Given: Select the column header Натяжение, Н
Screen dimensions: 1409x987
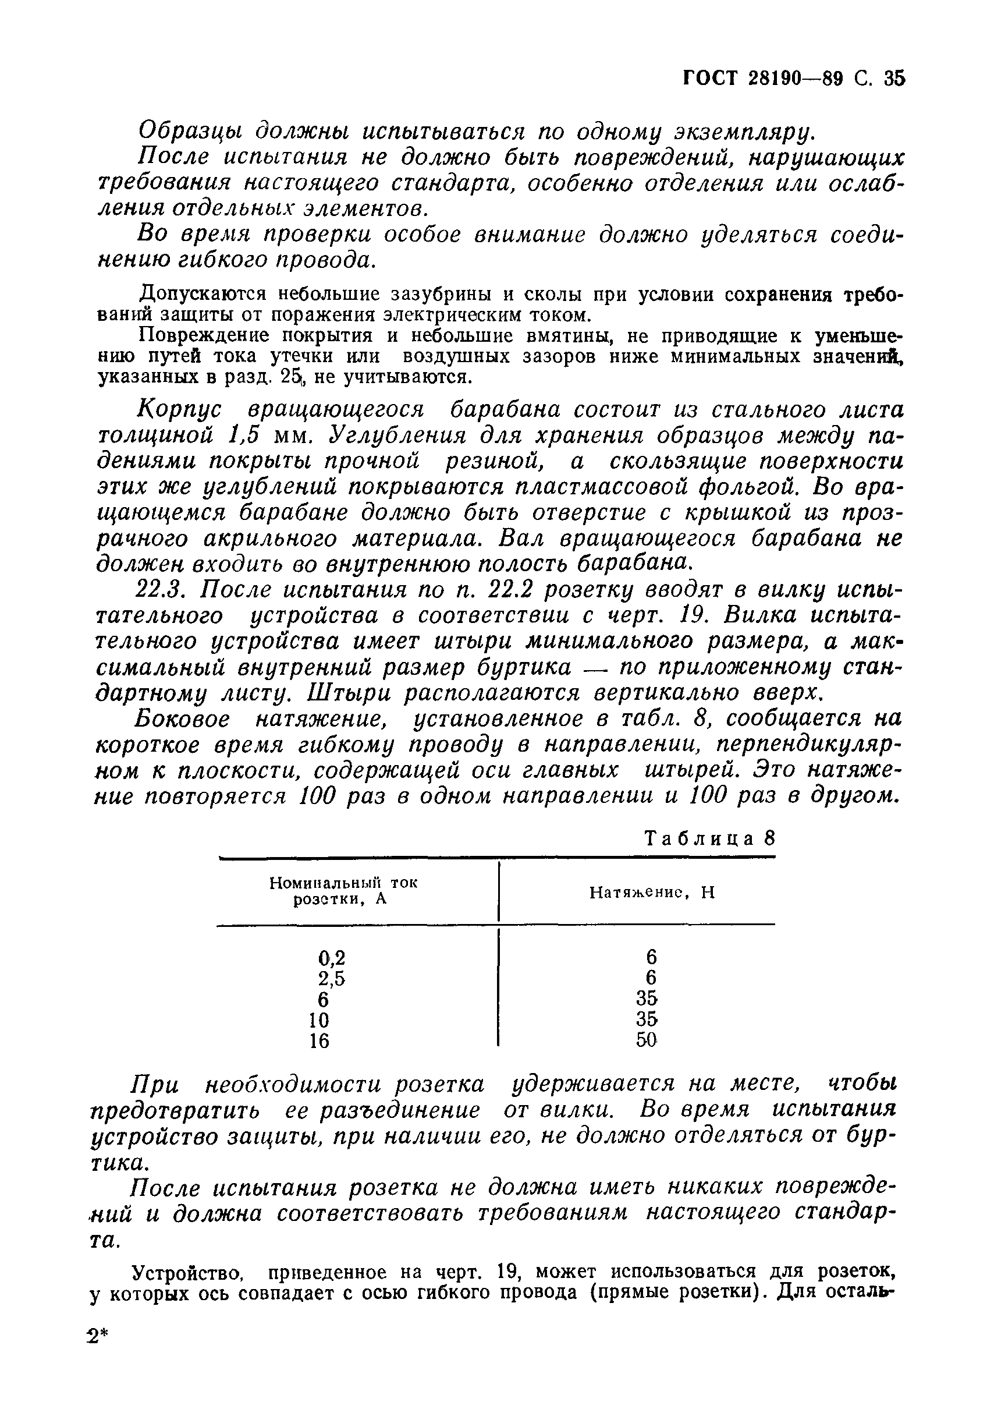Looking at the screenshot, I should (x=652, y=893).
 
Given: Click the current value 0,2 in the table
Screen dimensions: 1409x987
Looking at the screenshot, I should (x=332, y=957).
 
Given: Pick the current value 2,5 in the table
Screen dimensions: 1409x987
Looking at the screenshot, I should (x=332, y=978).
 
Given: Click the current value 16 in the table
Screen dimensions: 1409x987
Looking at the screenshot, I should (x=319, y=1041).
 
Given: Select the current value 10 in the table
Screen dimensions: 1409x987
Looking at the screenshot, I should (x=319, y=1020).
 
